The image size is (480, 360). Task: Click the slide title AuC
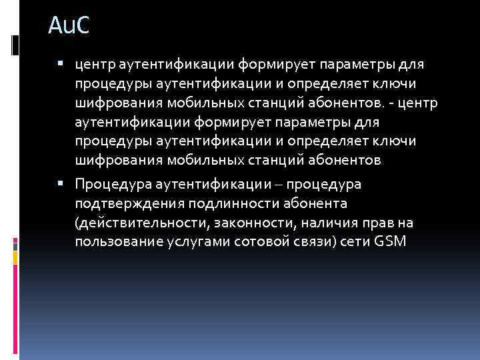click(68, 28)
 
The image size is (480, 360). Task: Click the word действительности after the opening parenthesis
click(145, 221)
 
